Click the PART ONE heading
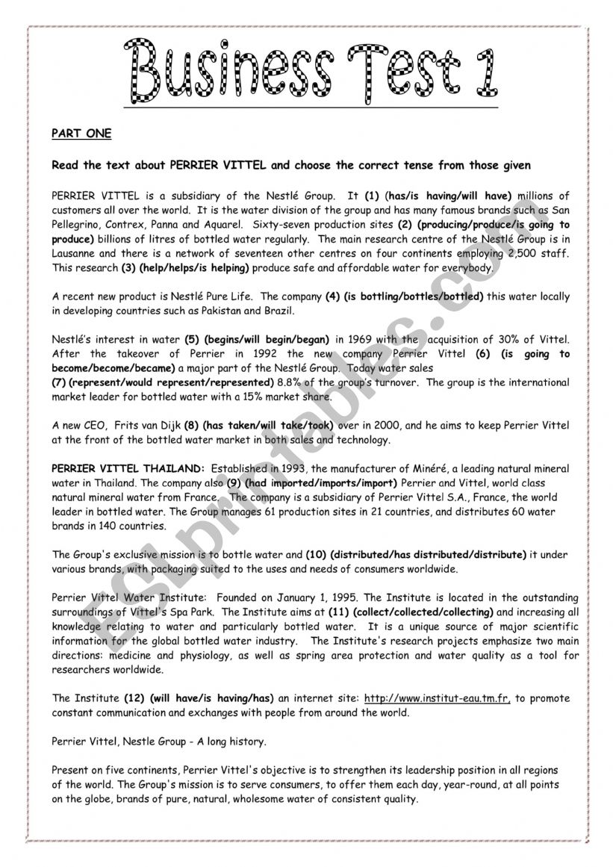(81, 134)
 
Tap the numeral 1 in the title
(480, 73)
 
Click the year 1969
(356, 340)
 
